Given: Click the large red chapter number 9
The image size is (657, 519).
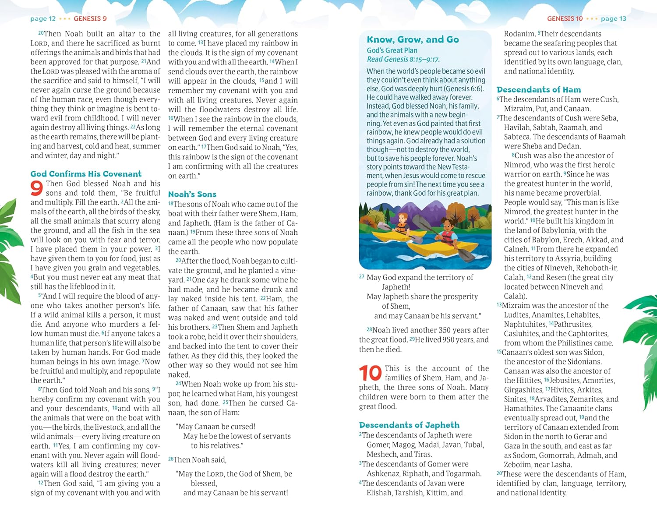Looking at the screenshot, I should click(x=37, y=188).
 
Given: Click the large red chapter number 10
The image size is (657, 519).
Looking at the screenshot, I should click(x=370, y=373).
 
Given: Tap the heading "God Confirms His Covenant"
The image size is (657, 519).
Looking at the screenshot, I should click(x=86, y=174).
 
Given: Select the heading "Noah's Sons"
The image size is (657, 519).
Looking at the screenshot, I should click(x=192, y=194).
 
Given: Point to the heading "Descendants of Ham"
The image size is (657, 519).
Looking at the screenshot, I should click(x=539, y=90).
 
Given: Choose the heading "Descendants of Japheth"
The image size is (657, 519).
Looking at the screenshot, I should click(x=409, y=425).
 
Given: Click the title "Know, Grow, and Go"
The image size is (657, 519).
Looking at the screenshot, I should click(x=413, y=39).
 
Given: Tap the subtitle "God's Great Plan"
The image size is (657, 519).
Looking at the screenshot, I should click(x=392, y=50).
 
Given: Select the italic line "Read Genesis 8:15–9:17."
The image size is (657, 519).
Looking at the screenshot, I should click(x=403, y=60).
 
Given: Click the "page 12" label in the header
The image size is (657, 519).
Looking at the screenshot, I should click(x=43, y=18).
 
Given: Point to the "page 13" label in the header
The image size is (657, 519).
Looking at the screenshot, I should click(x=613, y=18).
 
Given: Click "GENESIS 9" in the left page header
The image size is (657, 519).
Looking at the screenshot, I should click(x=90, y=18).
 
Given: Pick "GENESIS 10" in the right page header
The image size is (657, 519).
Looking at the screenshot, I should click(x=565, y=18).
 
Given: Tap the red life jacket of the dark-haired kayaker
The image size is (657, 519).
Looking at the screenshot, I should click(x=447, y=238).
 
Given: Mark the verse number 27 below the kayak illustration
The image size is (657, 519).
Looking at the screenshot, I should click(x=362, y=277).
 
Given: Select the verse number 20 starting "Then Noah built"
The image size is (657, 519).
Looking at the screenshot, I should click(x=41, y=33).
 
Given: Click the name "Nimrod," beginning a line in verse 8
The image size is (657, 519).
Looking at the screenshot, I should click(x=516, y=165).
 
